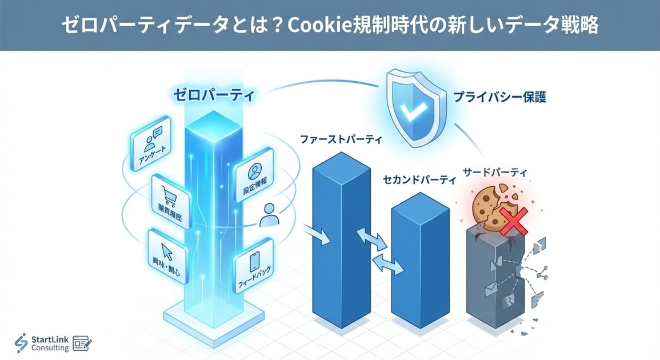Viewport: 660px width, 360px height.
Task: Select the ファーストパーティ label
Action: coord(341,139)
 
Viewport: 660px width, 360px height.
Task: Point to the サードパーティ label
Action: coord(495,171)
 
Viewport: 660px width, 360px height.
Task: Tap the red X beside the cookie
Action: coord(513,221)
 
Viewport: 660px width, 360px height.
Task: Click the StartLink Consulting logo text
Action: coord(50,343)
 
